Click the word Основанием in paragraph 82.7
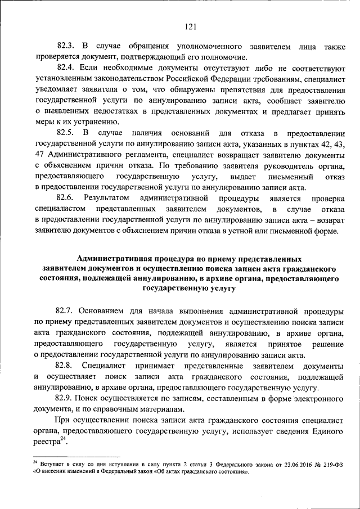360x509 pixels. (102, 310)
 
